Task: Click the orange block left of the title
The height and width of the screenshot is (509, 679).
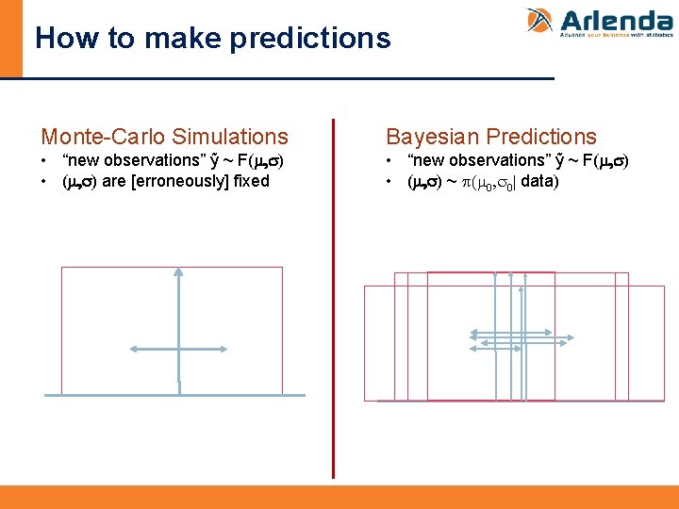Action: [x=10, y=38]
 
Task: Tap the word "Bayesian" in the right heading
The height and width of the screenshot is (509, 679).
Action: [x=433, y=138]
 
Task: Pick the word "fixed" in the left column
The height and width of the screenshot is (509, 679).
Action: [x=250, y=180]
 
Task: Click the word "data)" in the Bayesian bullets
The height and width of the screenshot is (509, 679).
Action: [x=538, y=180]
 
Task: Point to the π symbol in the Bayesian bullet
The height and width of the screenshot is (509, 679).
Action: [x=466, y=180]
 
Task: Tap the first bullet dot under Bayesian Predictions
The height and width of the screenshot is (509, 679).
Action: [x=391, y=161]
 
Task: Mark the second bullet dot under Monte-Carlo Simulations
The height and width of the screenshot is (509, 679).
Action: [x=45, y=181]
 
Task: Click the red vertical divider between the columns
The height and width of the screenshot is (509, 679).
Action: [x=333, y=297]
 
